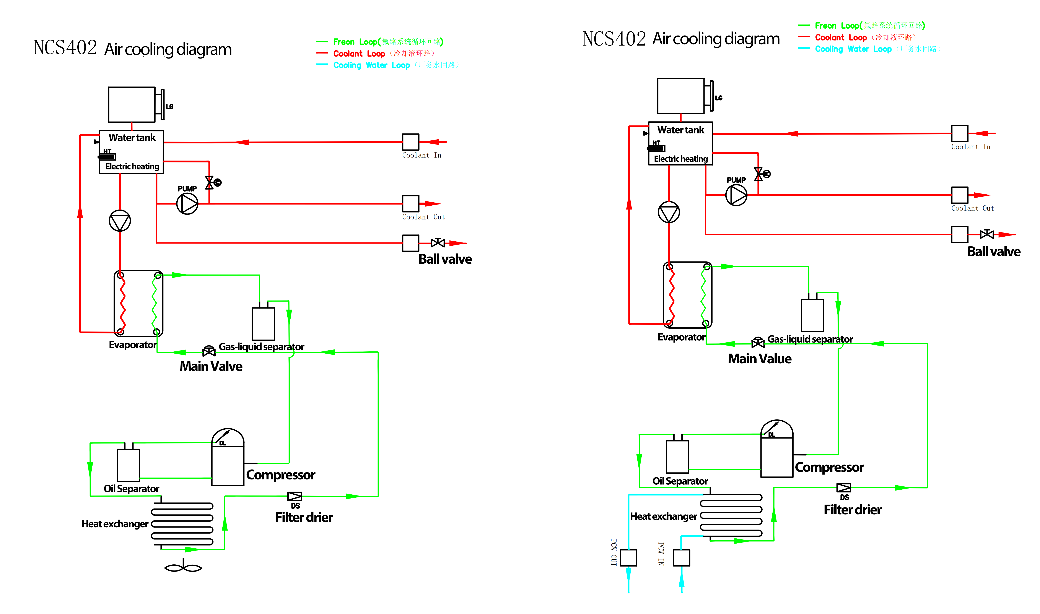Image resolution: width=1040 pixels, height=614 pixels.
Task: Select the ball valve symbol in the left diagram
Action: tap(438, 243)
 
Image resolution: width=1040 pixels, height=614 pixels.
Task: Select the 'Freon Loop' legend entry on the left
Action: tap(355, 42)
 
